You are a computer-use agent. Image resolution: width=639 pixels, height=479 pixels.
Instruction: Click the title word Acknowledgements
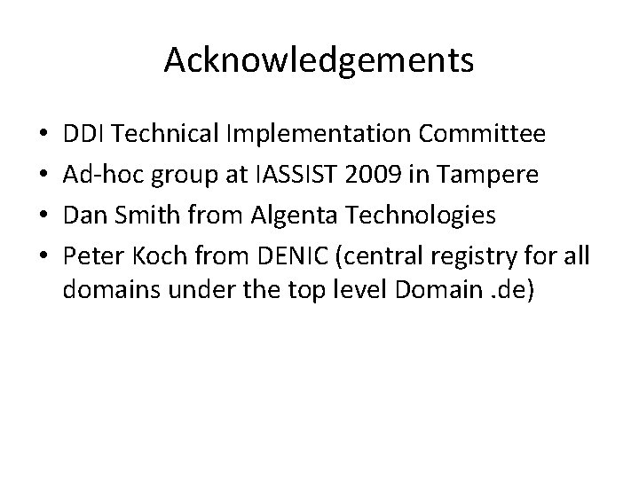pos(319,60)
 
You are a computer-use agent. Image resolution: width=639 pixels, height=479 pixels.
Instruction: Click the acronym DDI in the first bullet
pos(84,135)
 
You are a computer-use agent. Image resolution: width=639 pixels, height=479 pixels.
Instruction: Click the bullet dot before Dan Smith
pos(43,216)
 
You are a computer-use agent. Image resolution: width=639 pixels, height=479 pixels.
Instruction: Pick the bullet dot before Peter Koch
pos(43,255)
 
